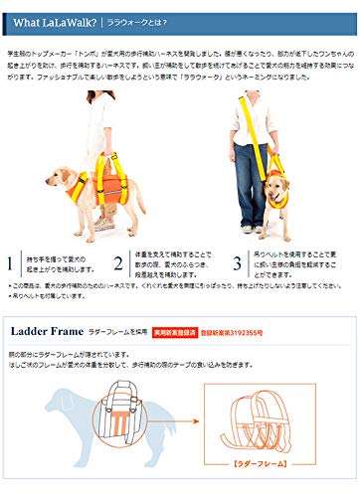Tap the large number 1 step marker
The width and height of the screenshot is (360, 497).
point(11,264)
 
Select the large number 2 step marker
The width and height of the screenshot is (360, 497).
point(118,264)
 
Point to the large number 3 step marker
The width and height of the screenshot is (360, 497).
point(237,264)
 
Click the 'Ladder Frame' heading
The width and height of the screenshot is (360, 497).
point(47,333)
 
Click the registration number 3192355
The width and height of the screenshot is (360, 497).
point(238,334)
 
